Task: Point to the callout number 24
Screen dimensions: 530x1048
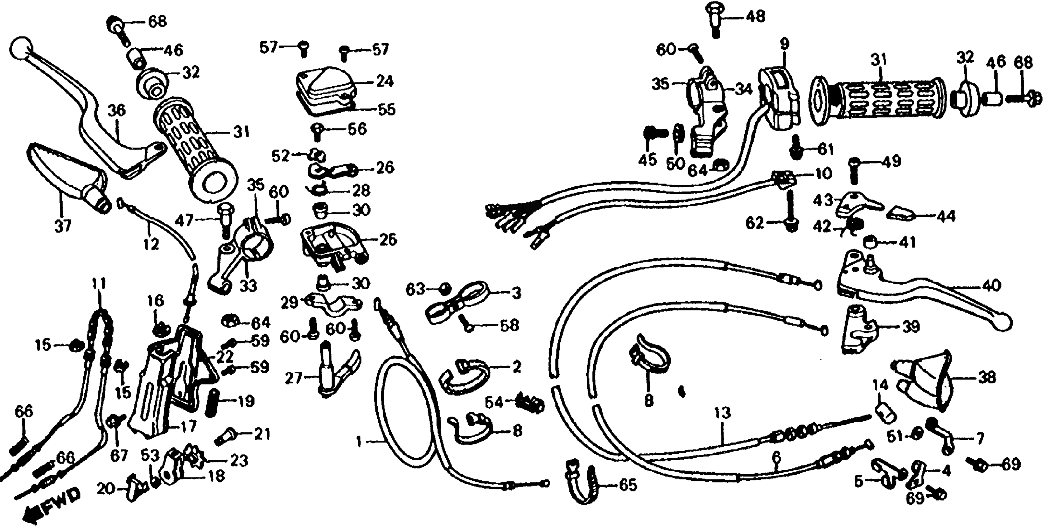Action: click(384, 81)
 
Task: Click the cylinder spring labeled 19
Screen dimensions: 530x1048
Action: click(210, 402)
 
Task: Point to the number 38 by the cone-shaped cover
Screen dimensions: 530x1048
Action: click(987, 378)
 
